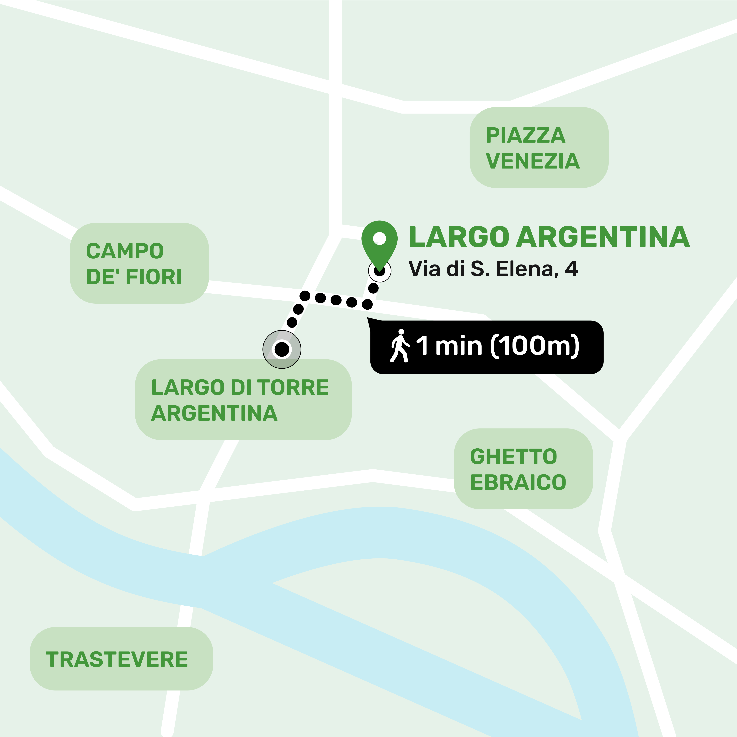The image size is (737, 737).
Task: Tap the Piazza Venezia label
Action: (539, 148)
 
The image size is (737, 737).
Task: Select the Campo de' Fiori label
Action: (139, 263)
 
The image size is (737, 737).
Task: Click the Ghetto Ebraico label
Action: (523, 469)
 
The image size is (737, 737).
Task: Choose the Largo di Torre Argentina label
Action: (243, 400)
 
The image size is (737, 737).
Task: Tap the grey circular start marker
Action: (282, 349)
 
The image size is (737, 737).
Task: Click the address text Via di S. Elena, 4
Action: (493, 269)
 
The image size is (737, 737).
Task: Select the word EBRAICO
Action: (518, 482)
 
